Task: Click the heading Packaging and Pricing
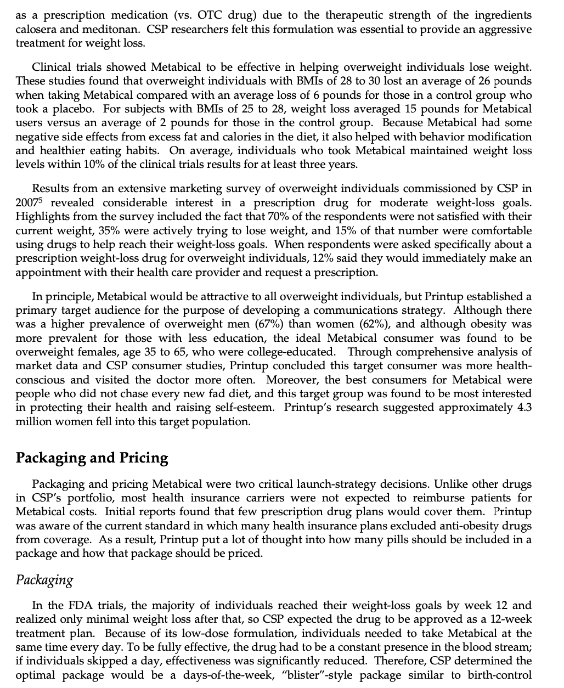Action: tap(92, 458)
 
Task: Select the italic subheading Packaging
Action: tap(44, 580)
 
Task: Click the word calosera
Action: tap(35, 29)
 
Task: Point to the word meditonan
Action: tap(100, 29)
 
